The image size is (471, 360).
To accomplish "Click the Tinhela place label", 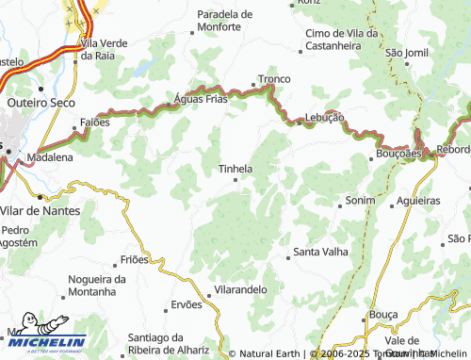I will point(235,170).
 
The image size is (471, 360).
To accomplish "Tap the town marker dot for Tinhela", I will point(235,180).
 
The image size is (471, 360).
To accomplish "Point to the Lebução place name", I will point(324,117).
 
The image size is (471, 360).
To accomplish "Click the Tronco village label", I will point(275,79).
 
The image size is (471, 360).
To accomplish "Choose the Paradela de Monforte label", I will point(225,21).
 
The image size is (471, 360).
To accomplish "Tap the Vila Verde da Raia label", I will point(111,49).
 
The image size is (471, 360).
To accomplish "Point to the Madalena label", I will point(49,157).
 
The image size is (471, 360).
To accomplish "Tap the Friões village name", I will point(135,259).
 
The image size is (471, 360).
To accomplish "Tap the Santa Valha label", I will point(320,252).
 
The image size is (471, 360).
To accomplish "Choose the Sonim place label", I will point(360,201).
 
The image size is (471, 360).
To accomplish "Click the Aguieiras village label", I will point(418,201).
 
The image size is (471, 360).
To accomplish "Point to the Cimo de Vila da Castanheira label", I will point(341,39).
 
